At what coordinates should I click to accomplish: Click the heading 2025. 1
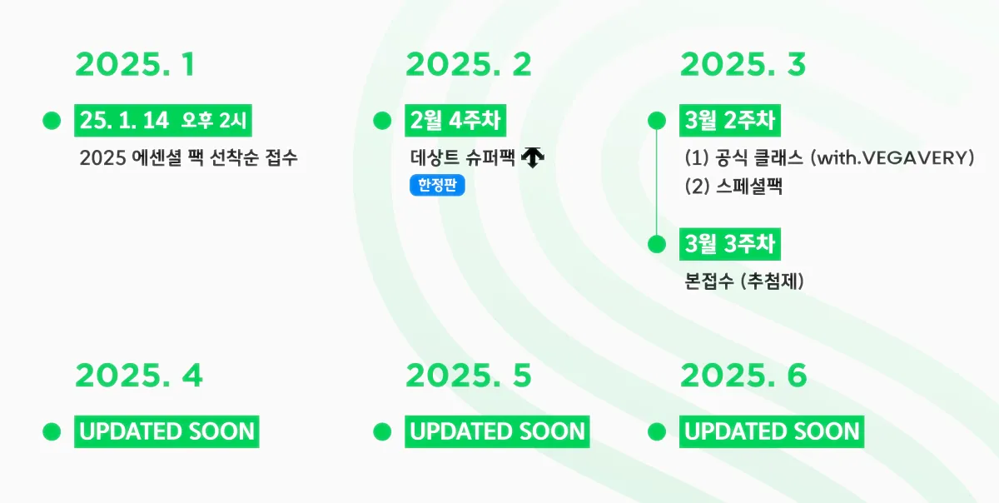135,64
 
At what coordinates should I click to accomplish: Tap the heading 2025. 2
469,64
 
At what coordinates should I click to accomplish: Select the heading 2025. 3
743,64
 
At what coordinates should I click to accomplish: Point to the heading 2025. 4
139,376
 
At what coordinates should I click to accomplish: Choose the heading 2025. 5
469,376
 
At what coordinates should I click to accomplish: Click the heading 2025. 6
744,376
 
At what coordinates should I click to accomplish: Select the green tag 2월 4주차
455,121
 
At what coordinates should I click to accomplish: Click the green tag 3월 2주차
730,121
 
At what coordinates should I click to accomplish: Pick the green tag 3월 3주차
730,244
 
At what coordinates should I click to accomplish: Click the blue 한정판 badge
437,185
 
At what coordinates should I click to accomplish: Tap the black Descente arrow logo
533,157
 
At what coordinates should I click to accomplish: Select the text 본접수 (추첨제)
744,281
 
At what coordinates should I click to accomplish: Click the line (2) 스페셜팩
733,186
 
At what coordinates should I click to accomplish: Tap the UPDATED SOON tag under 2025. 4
166,431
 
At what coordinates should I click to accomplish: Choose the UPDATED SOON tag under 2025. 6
772,431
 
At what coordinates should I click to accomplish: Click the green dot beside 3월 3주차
657,244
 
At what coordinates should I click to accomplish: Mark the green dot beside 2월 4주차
382,121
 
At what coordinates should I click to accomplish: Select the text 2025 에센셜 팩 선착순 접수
188,158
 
